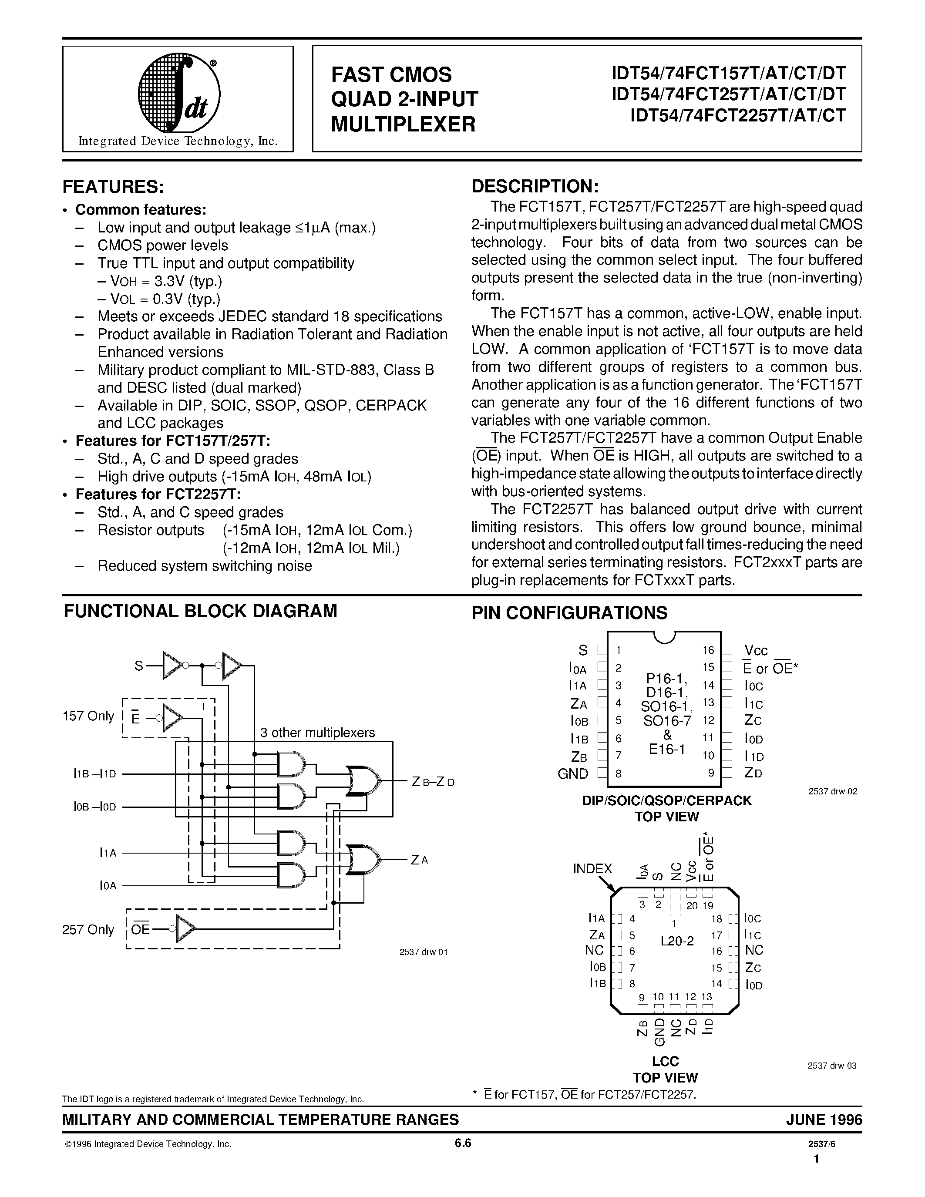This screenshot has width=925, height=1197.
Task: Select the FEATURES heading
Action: coord(113,187)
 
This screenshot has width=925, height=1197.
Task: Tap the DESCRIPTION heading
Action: coord(535,186)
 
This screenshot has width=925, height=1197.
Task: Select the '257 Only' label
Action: coord(88,930)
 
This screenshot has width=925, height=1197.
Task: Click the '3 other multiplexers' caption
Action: coord(317,732)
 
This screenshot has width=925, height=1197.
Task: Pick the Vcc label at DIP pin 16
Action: coord(756,651)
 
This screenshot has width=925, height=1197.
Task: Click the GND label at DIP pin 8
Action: coord(573,773)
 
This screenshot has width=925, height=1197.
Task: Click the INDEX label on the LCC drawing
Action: coord(592,868)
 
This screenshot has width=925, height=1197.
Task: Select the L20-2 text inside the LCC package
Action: coord(677,941)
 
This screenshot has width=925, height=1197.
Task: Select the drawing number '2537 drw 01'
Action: coord(423,952)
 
